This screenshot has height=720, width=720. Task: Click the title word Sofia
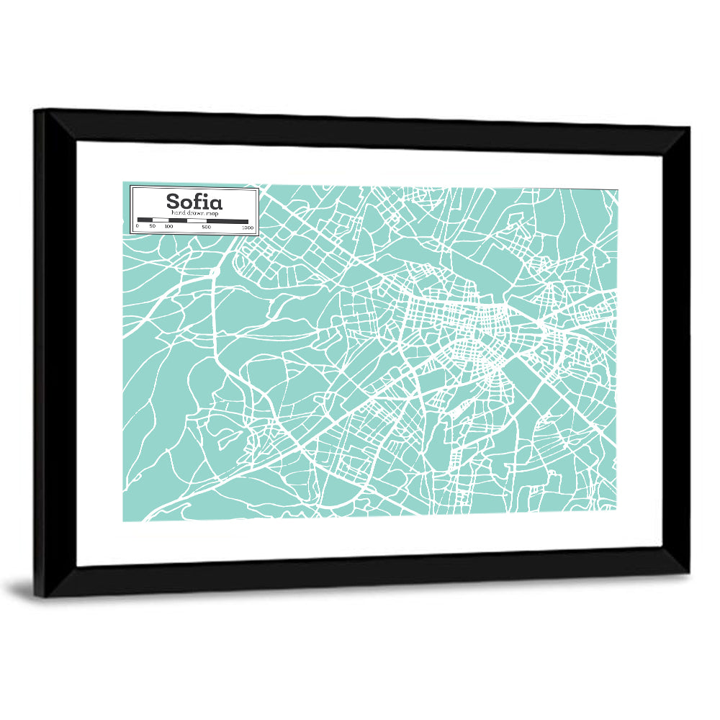pyautogui.click(x=194, y=201)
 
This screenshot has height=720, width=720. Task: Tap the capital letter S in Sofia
pyautogui.click(x=174, y=202)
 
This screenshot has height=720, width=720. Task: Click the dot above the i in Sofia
pyautogui.click(x=206, y=194)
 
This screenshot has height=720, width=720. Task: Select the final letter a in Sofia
pyautogui.click(x=215, y=203)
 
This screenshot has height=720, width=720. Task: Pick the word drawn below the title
pyautogui.click(x=192, y=214)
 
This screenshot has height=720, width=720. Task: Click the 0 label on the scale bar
pyautogui.click(x=138, y=227)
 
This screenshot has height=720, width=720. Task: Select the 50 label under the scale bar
pyautogui.click(x=152, y=227)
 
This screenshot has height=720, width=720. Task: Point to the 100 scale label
pyautogui.click(x=168, y=227)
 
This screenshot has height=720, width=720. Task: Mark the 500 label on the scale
pyautogui.click(x=206, y=227)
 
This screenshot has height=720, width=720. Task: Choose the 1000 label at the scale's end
pyautogui.click(x=248, y=227)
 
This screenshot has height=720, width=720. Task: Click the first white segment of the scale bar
pyautogui.click(x=160, y=220)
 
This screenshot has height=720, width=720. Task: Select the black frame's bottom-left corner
pyautogui.click(x=37, y=596)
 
